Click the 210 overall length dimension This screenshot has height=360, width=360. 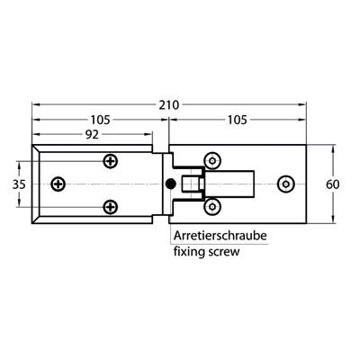point(169,105)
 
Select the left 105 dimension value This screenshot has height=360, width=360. point(101,120)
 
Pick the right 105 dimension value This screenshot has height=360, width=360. point(237,120)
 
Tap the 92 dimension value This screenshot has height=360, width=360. point(92,135)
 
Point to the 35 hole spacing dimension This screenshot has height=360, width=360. point(19,184)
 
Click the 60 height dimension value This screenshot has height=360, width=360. point(333,184)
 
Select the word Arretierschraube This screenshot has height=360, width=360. point(220,236)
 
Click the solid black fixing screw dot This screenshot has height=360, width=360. point(171,184)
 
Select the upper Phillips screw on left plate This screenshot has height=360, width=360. point(111,161)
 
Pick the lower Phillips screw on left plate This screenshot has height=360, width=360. point(111,207)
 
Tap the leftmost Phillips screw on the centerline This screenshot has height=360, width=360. point(58,184)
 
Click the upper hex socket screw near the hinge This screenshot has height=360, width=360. point(212,161)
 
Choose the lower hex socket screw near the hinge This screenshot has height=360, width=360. point(212,207)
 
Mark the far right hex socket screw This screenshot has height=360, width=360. point(286,184)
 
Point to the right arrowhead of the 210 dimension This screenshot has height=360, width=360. point(302,104)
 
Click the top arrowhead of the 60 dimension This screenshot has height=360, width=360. point(332,148)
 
